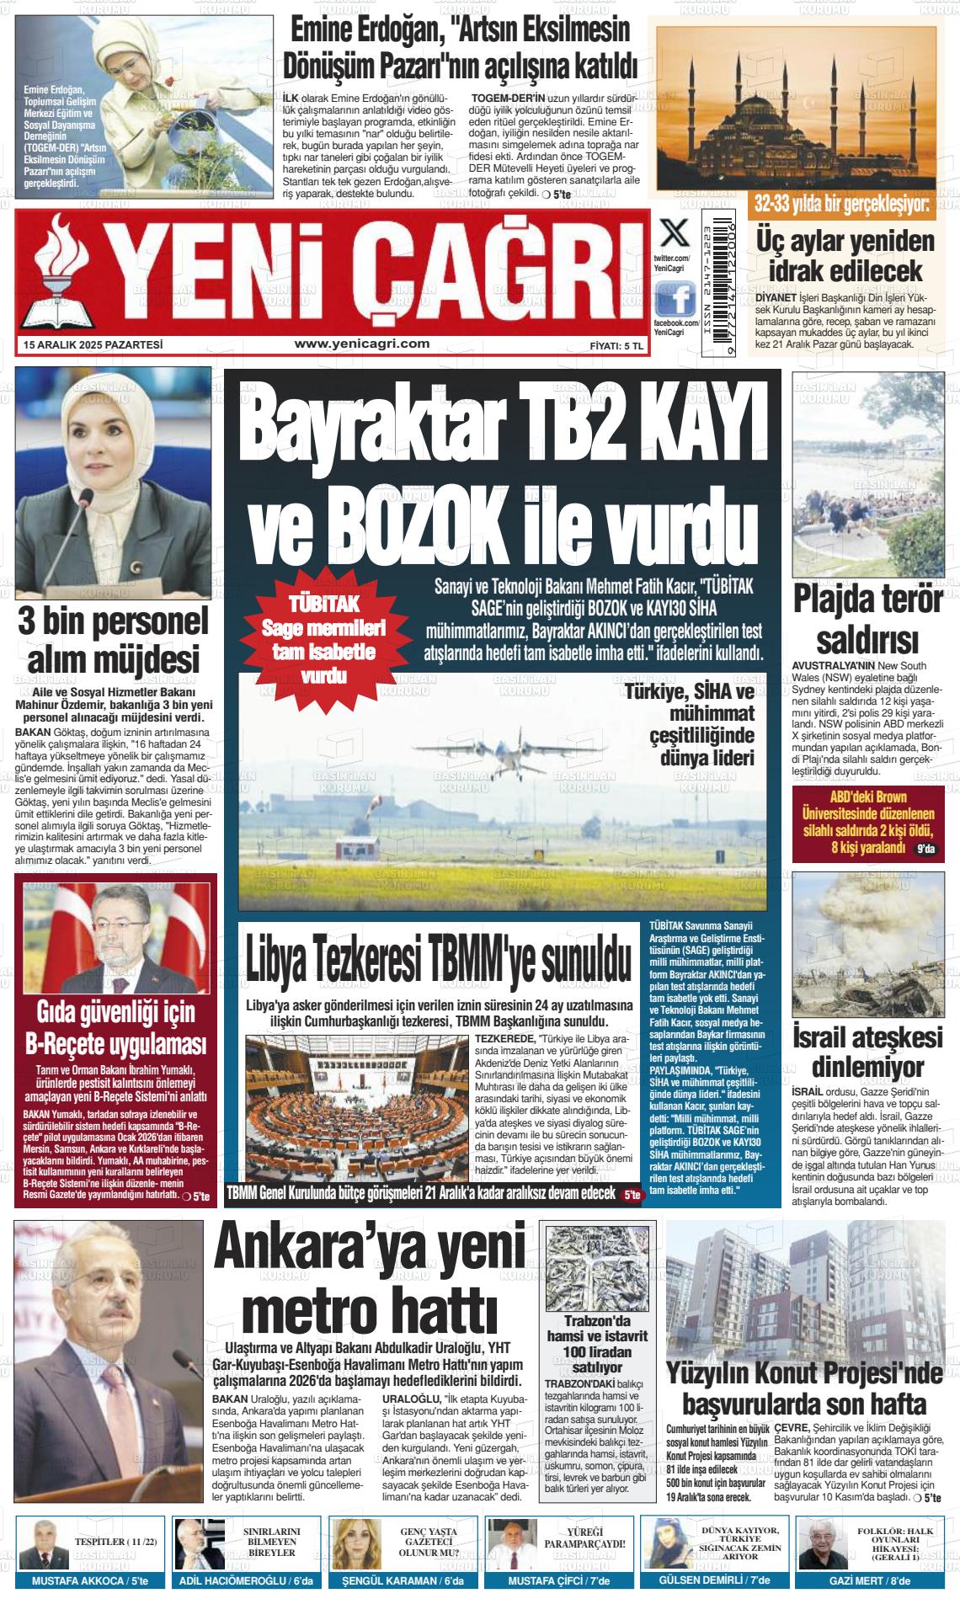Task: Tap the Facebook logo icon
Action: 675,298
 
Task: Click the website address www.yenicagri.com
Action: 362,344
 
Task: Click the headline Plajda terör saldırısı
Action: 867,619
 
